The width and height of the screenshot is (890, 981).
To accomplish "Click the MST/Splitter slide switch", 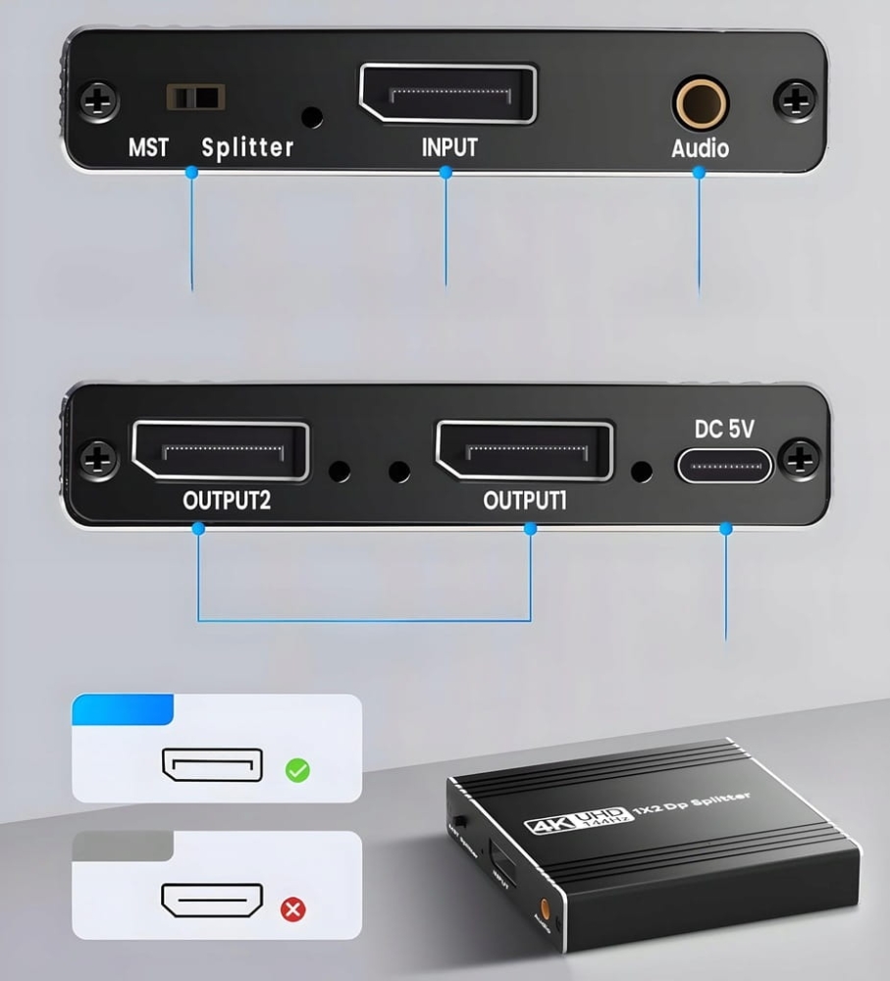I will point(195,97).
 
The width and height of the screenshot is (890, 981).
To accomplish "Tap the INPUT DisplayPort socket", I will point(448,94).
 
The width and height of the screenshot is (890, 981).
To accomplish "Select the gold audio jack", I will point(699,103).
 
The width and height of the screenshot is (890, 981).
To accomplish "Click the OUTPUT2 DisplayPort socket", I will point(221,450).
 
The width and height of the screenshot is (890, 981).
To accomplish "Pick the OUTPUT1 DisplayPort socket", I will point(525,450).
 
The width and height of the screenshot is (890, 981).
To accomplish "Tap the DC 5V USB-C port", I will point(724,465).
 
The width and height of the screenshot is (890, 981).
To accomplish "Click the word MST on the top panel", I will point(148,148).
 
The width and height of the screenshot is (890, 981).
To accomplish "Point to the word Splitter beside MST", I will point(247,148).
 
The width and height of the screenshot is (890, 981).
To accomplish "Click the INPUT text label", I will point(448,147).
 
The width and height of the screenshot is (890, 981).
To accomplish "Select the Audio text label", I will point(700,149).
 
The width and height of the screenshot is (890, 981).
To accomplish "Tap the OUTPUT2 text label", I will point(227,500).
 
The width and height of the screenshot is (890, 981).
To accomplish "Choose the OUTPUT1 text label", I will point(525,500).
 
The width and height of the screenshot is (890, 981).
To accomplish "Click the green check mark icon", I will point(297,770).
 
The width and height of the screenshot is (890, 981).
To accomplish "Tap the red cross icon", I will point(292,909).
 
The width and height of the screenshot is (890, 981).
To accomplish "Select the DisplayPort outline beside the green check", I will point(213,766).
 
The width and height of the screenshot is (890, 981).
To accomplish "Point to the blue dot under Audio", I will point(699,172).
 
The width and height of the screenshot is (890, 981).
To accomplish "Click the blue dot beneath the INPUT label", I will point(446,172).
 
